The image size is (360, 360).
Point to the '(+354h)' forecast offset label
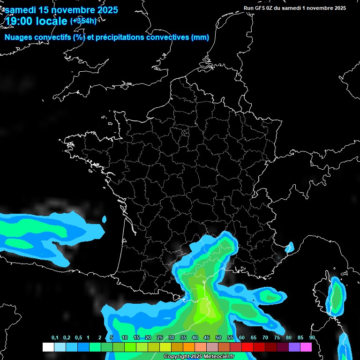83,21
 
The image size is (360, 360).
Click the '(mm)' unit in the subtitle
200,37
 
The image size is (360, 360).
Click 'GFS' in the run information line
264,8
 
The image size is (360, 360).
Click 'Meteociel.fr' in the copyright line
219,357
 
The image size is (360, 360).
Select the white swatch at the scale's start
48,347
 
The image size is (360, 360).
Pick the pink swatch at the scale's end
306,347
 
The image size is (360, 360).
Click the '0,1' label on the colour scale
55,338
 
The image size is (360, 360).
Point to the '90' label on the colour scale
312,338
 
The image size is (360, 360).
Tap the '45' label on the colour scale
207,338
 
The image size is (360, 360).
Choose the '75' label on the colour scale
277,338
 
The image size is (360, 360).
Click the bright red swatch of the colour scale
247,347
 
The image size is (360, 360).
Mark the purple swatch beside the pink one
294,347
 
